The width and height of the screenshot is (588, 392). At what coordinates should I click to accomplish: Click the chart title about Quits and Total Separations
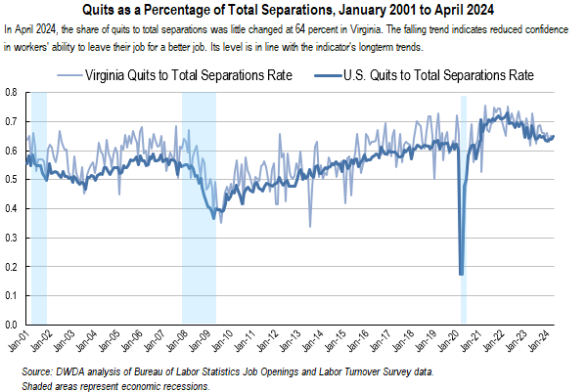(x=293, y=11)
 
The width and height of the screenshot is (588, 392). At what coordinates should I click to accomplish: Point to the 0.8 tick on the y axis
(x=12, y=93)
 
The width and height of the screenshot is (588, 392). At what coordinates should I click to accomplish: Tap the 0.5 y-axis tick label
(x=12, y=180)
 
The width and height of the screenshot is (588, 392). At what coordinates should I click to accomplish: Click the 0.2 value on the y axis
(x=12, y=267)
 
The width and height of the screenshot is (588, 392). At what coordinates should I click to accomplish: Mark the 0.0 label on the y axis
(x=12, y=325)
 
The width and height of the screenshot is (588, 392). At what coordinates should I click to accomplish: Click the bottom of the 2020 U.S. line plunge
(x=461, y=274)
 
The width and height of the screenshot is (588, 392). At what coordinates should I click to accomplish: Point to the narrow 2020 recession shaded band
(x=464, y=196)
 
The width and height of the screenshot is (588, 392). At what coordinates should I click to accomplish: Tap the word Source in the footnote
(x=38, y=372)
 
